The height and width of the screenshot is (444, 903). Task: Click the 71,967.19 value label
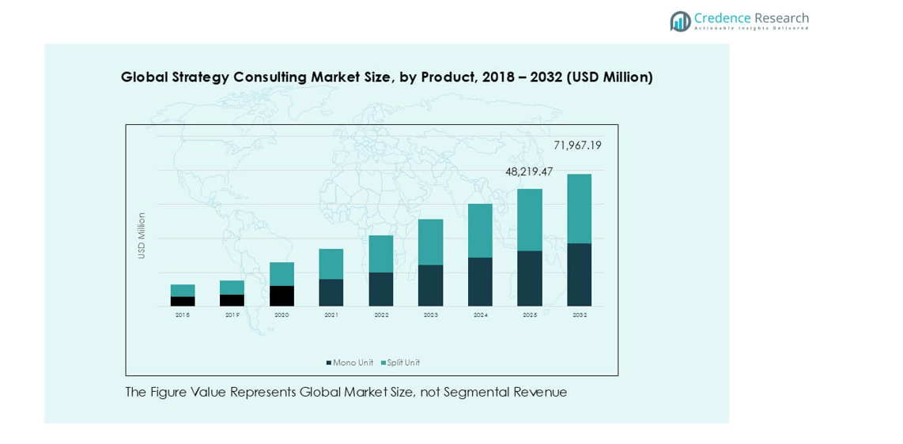click(577, 145)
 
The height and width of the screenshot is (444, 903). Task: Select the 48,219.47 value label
click(529, 171)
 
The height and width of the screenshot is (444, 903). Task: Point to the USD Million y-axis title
click(142, 235)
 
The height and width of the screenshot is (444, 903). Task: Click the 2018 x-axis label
click(183, 315)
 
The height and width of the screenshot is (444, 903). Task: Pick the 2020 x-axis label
click(281, 315)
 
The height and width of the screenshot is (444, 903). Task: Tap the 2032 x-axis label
click(580, 315)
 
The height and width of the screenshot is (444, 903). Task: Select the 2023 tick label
click(430, 315)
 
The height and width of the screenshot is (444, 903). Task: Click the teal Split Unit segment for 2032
click(579, 209)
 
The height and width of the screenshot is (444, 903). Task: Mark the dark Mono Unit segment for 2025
click(530, 278)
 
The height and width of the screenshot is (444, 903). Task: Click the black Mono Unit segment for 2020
click(281, 295)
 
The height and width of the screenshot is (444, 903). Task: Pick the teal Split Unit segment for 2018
click(183, 291)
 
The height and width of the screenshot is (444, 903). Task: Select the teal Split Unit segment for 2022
click(381, 254)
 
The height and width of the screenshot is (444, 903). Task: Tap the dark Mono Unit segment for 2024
click(480, 281)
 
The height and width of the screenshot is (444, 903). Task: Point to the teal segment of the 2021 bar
click(331, 264)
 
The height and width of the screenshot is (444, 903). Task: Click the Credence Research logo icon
click(680, 21)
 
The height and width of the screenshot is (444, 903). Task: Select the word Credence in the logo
click(721, 17)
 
